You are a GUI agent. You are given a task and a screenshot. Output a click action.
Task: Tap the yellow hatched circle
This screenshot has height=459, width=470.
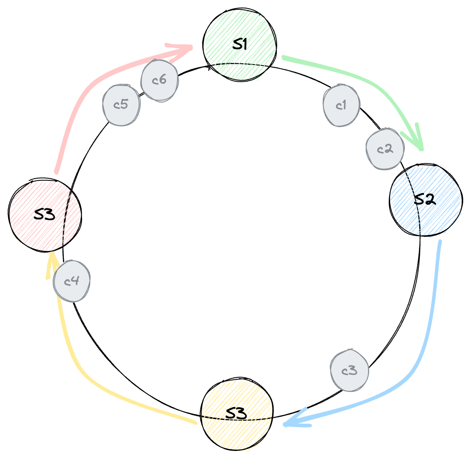[x=237, y=415]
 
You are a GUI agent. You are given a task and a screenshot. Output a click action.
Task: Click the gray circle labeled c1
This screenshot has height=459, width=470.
[x=341, y=105]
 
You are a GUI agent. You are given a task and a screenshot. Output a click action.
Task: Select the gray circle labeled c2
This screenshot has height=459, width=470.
[x=385, y=149]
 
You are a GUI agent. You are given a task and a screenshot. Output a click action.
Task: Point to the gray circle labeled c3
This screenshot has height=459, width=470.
[x=349, y=371]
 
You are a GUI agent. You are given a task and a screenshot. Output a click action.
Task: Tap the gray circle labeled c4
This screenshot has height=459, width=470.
[x=71, y=281]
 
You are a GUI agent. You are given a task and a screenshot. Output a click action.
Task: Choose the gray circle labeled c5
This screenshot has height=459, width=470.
[x=121, y=105]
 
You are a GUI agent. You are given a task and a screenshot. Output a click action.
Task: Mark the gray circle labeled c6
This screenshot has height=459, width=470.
[x=160, y=80]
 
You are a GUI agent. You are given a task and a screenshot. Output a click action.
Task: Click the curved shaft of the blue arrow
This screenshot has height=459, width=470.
[x=430, y=323]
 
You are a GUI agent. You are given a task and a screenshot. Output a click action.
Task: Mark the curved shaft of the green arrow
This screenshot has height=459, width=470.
[x=362, y=77]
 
